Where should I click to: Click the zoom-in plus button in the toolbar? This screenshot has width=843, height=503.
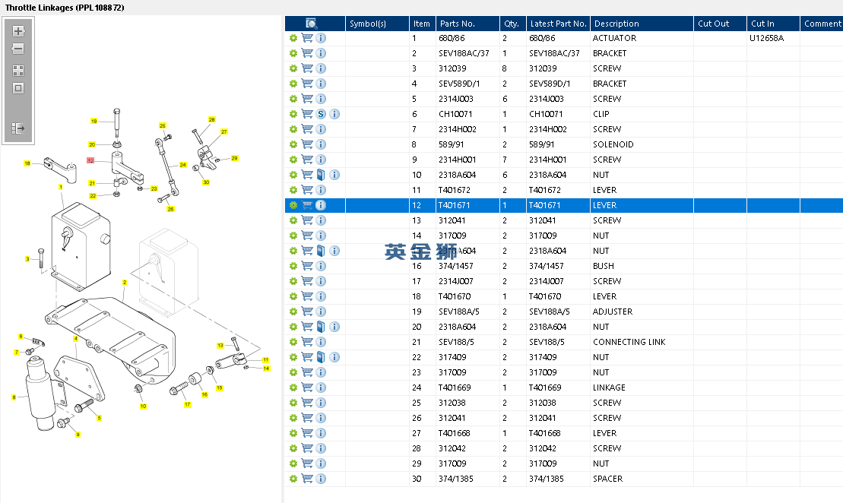pyautogui.click(x=18, y=31)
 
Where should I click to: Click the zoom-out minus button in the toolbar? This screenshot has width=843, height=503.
pyautogui.click(x=18, y=49)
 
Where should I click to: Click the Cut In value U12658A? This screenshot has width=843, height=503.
pyautogui.click(x=767, y=38)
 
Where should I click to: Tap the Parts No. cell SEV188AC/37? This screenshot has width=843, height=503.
pyautogui.click(x=464, y=53)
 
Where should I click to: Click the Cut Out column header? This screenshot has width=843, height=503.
pyautogui.click(x=714, y=24)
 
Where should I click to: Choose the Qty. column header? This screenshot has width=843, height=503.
pyautogui.click(x=512, y=24)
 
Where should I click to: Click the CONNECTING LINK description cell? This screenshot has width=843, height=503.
pyautogui.click(x=629, y=342)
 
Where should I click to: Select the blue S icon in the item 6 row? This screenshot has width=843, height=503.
pyautogui.click(x=321, y=114)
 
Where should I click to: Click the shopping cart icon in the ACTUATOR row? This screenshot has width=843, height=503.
pyautogui.click(x=307, y=38)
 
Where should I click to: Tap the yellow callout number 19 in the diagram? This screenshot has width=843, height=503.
pyautogui.click(x=94, y=121)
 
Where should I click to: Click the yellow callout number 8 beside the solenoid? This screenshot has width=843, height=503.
pyautogui.click(x=14, y=397)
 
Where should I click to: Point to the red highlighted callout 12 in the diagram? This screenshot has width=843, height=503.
pyautogui.click(x=90, y=160)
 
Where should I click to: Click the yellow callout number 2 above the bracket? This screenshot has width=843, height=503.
pyautogui.click(x=124, y=282)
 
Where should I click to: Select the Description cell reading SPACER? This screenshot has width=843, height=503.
pyautogui.click(x=607, y=479)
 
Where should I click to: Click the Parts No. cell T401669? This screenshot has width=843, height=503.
pyautogui.click(x=455, y=388)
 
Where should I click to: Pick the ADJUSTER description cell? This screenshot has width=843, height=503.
pyautogui.click(x=613, y=312)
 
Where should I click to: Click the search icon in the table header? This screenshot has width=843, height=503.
pyautogui.click(x=312, y=24)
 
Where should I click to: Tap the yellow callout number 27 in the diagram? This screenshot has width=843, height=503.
pyautogui.click(x=223, y=131)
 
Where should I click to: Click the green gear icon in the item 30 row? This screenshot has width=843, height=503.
pyautogui.click(x=293, y=479)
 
